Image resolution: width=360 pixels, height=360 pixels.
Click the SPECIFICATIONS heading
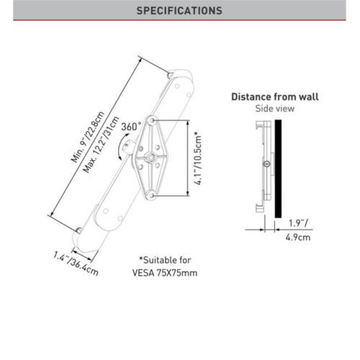pyautogui.click(x=179, y=11)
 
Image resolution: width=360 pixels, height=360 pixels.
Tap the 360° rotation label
pyautogui.click(x=131, y=127)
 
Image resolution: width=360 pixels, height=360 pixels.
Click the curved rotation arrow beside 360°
pyautogui.click(x=122, y=147)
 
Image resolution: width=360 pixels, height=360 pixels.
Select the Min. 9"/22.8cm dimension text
pyautogui.click(x=88, y=137)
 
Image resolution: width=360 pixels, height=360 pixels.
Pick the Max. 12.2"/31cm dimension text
pyautogui.click(x=101, y=145)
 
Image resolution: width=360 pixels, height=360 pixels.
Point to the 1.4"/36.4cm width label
pyautogui.click(x=76, y=264)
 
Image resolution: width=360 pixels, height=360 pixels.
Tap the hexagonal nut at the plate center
pyautogui.click(x=150, y=158)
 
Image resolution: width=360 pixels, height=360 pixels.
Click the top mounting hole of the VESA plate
pyautogui.click(x=151, y=120)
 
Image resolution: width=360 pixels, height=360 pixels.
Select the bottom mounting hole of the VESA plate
pyautogui.click(x=151, y=195)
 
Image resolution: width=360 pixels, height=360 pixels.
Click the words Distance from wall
pyautogui.click(x=275, y=96)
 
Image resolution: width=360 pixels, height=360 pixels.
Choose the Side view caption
pyautogui.click(x=275, y=109)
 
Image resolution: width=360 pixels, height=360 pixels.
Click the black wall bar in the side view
pyautogui.click(x=278, y=168)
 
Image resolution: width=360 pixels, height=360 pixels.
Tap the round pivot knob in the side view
pyautogui.click(x=267, y=164)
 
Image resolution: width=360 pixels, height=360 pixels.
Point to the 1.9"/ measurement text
pyautogui.click(x=298, y=223)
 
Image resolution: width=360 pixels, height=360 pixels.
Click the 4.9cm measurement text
pyautogui.click(x=298, y=238)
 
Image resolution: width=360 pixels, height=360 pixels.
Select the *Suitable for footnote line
pyautogui.click(x=165, y=260)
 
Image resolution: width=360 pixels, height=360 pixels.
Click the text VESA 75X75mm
pyautogui.click(x=165, y=273)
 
